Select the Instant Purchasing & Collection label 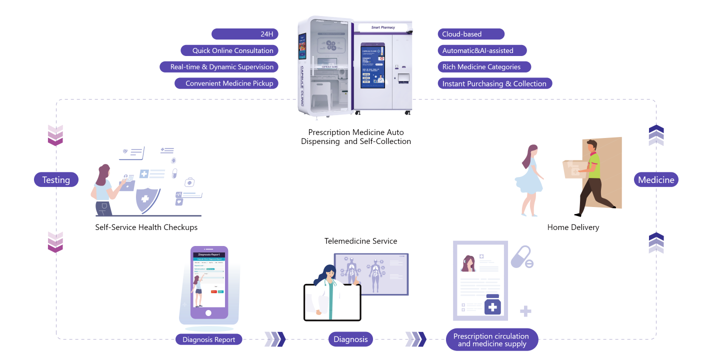[494, 83]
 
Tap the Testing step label [56, 180]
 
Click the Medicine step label [656, 180]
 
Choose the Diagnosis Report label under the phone [209, 339]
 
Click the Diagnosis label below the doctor [350, 339]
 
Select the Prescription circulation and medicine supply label [491, 340]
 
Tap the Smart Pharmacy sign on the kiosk [383, 27]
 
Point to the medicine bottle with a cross [492, 305]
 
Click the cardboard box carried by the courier [575, 169]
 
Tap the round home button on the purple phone [208, 313]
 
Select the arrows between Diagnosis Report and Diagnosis [274, 339]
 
